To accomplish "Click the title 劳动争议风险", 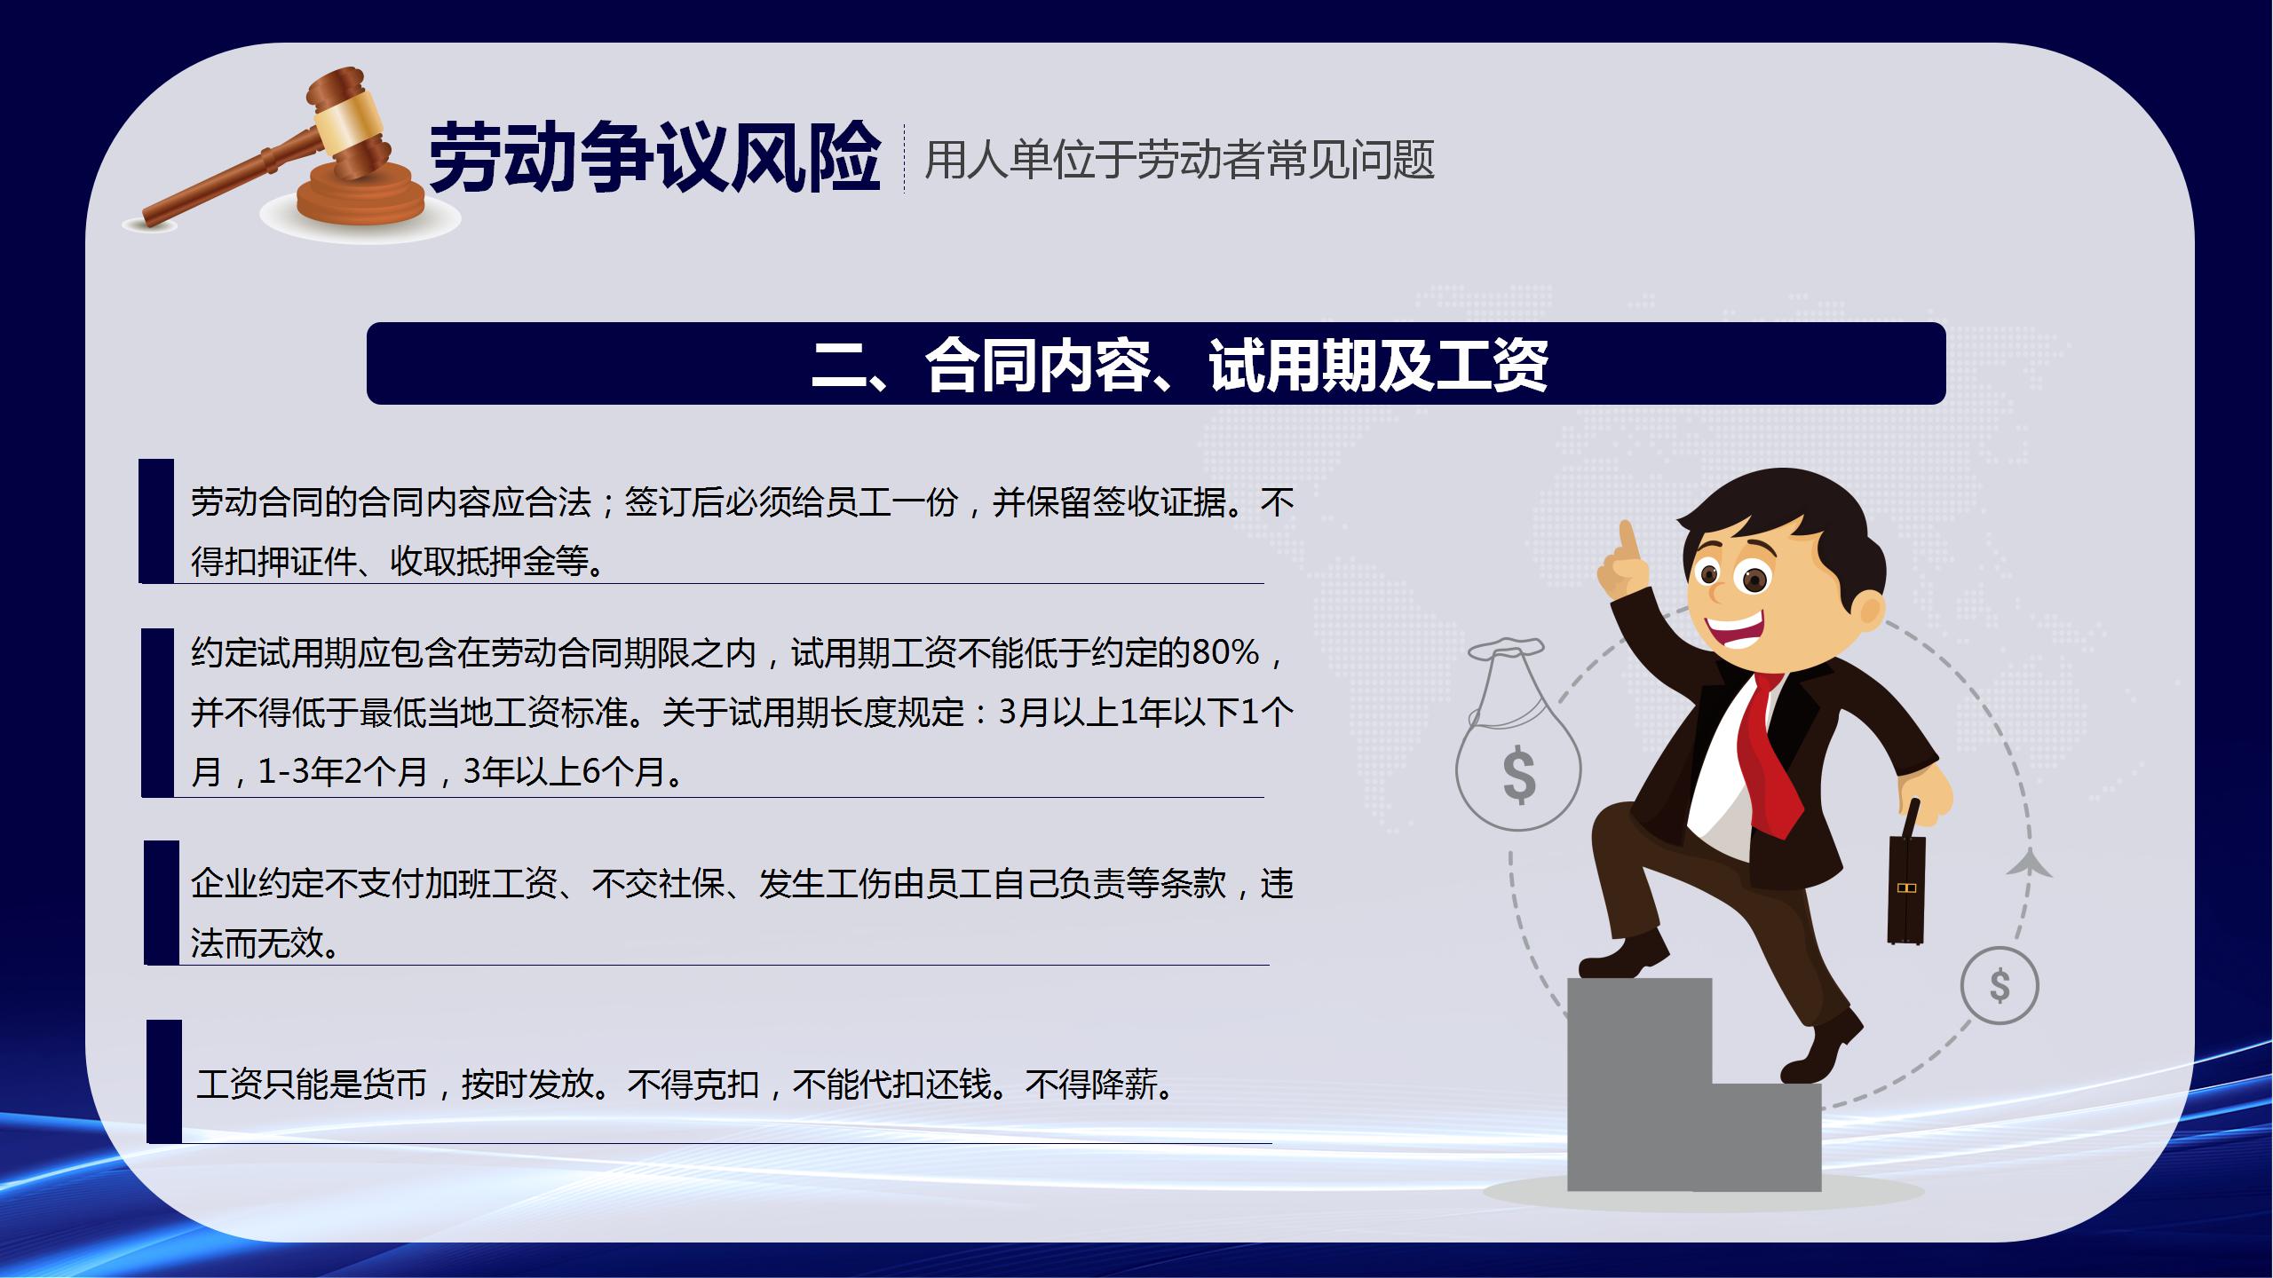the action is (654, 159).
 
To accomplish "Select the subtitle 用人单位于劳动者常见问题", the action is (1179, 161).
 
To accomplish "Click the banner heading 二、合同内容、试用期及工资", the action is (1180, 364).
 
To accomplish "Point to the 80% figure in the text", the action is (1226, 653).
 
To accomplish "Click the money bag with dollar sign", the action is (1517, 737).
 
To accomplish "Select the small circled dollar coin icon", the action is (2000, 986).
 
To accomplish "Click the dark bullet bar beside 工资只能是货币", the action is (163, 1081).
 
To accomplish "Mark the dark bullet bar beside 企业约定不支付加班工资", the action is (162, 902).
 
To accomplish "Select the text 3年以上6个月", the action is (564, 771).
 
